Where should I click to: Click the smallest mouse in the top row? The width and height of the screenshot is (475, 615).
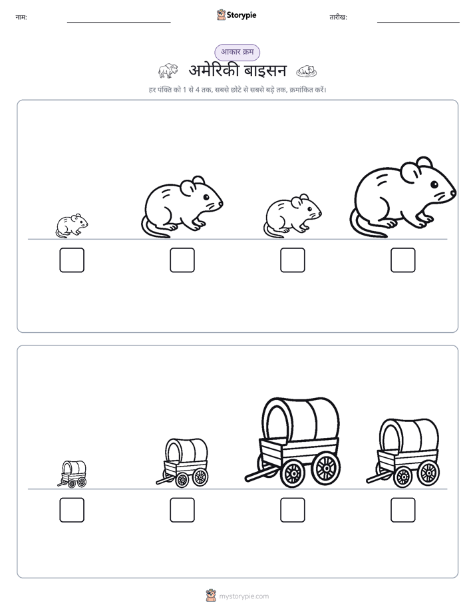click(x=72, y=226)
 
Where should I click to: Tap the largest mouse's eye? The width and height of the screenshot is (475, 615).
click(x=434, y=184)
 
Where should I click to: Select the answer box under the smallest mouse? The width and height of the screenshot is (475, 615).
click(x=72, y=260)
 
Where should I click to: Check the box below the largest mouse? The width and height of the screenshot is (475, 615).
click(x=403, y=260)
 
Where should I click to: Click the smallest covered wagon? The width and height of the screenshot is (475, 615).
click(x=73, y=474)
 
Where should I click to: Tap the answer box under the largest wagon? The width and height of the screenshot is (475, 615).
click(x=292, y=510)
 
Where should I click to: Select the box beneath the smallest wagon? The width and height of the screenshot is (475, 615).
click(x=72, y=510)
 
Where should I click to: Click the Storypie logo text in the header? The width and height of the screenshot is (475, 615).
click(x=241, y=15)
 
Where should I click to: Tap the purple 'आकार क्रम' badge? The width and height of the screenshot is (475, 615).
click(x=237, y=52)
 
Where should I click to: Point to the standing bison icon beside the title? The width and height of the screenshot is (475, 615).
click(x=168, y=71)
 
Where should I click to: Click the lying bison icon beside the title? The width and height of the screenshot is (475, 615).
click(x=307, y=71)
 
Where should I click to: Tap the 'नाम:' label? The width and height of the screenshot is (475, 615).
click(x=21, y=17)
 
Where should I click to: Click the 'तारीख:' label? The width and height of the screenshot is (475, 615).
click(x=338, y=17)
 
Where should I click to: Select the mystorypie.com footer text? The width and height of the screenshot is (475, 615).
click(x=243, y=596)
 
